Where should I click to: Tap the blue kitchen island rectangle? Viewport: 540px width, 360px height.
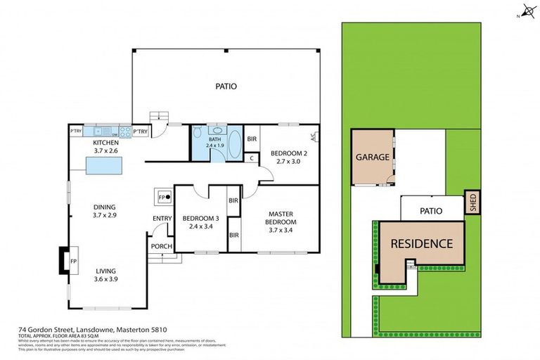tap(103, 166)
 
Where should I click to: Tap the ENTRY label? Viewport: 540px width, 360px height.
tap(162, 219)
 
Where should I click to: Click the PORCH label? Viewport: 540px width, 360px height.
tap(161, 246)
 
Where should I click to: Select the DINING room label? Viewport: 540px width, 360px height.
tap(103, 207)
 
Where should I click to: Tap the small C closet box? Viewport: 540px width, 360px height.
tap(252, 158)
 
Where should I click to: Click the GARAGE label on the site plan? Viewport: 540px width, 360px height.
tap(372, 157)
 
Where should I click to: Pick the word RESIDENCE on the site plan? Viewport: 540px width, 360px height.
tap(422, 244)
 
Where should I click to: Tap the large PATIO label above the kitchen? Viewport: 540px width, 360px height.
tap(226, 86)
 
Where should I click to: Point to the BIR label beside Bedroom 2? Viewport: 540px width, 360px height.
tap(252, 139)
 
